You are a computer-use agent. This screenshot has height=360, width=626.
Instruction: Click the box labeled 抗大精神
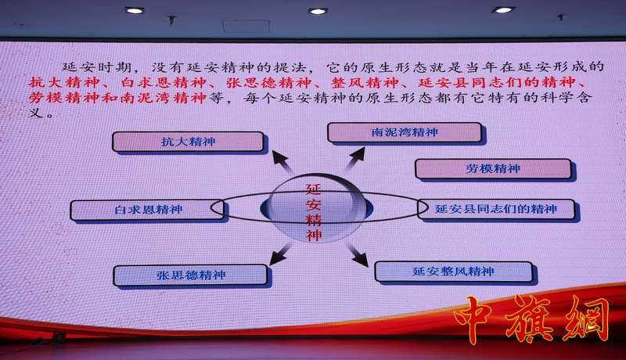(188, 142)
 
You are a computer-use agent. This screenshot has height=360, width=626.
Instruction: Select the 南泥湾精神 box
(405, 132)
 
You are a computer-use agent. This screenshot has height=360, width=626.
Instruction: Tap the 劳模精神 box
(493, 168)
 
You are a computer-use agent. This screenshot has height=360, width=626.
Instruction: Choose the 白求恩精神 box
(147, 210)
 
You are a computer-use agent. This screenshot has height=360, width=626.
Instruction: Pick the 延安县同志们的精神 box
(496, 209)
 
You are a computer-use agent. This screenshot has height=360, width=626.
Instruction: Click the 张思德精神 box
(190, 275)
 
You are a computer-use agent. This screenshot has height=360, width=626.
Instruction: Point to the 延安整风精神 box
(454, 272)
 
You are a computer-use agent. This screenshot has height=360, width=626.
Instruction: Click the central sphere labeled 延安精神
(314, 208)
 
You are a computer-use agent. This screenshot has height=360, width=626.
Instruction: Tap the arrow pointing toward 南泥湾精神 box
(354, 158)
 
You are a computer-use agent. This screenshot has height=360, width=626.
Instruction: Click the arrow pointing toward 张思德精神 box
(281, 254)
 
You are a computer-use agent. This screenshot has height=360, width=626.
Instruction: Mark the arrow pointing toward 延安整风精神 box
(357, 254)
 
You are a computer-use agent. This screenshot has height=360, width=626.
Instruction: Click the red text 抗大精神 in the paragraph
(64, 82)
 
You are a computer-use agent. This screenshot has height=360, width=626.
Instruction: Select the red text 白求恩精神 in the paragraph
(164, 82)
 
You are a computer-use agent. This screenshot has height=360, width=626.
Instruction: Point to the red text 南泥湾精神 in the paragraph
(163, 97)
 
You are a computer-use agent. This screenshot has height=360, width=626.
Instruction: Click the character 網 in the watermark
(585, 318)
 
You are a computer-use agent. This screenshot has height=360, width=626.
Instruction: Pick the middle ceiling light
(318, 11)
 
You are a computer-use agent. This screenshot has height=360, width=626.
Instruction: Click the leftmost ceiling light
(135, 11)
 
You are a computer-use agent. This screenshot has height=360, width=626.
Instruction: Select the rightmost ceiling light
(503, 10)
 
